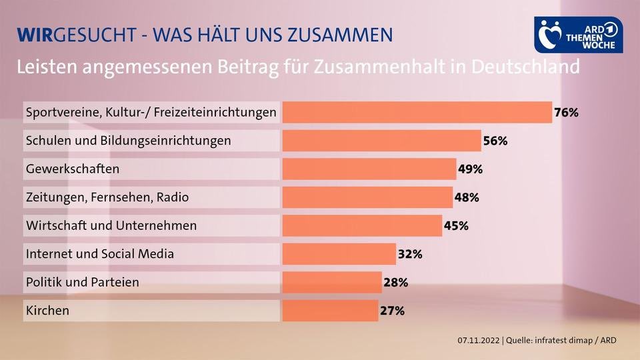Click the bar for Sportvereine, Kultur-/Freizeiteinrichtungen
pos(417,113)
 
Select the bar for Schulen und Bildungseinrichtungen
pos(381,141)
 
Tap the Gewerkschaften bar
pos(369,169)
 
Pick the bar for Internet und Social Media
pos(339,253)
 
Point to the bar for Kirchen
pos(330,310)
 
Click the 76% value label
pos(566,113)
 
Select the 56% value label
pos(495,141)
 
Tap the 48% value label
pos(467,197)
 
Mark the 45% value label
pos(456,225)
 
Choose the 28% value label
pos(395,282)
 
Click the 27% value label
pos(392,310)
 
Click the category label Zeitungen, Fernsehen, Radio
pos(107,197)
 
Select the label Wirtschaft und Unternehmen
pos(111,225)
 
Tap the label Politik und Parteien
pos(82,282)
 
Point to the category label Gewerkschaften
pos(72,169)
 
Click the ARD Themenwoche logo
pos(579,35)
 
